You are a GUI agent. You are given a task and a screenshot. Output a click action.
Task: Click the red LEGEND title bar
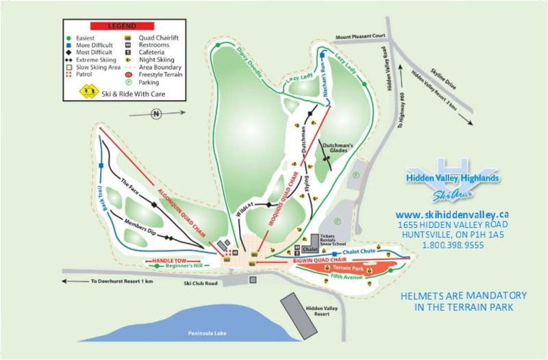coord(127,25)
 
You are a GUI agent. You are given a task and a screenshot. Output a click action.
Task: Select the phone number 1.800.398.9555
coord(453,244)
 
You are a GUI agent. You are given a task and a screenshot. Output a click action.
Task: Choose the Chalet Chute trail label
coord(360,252)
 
